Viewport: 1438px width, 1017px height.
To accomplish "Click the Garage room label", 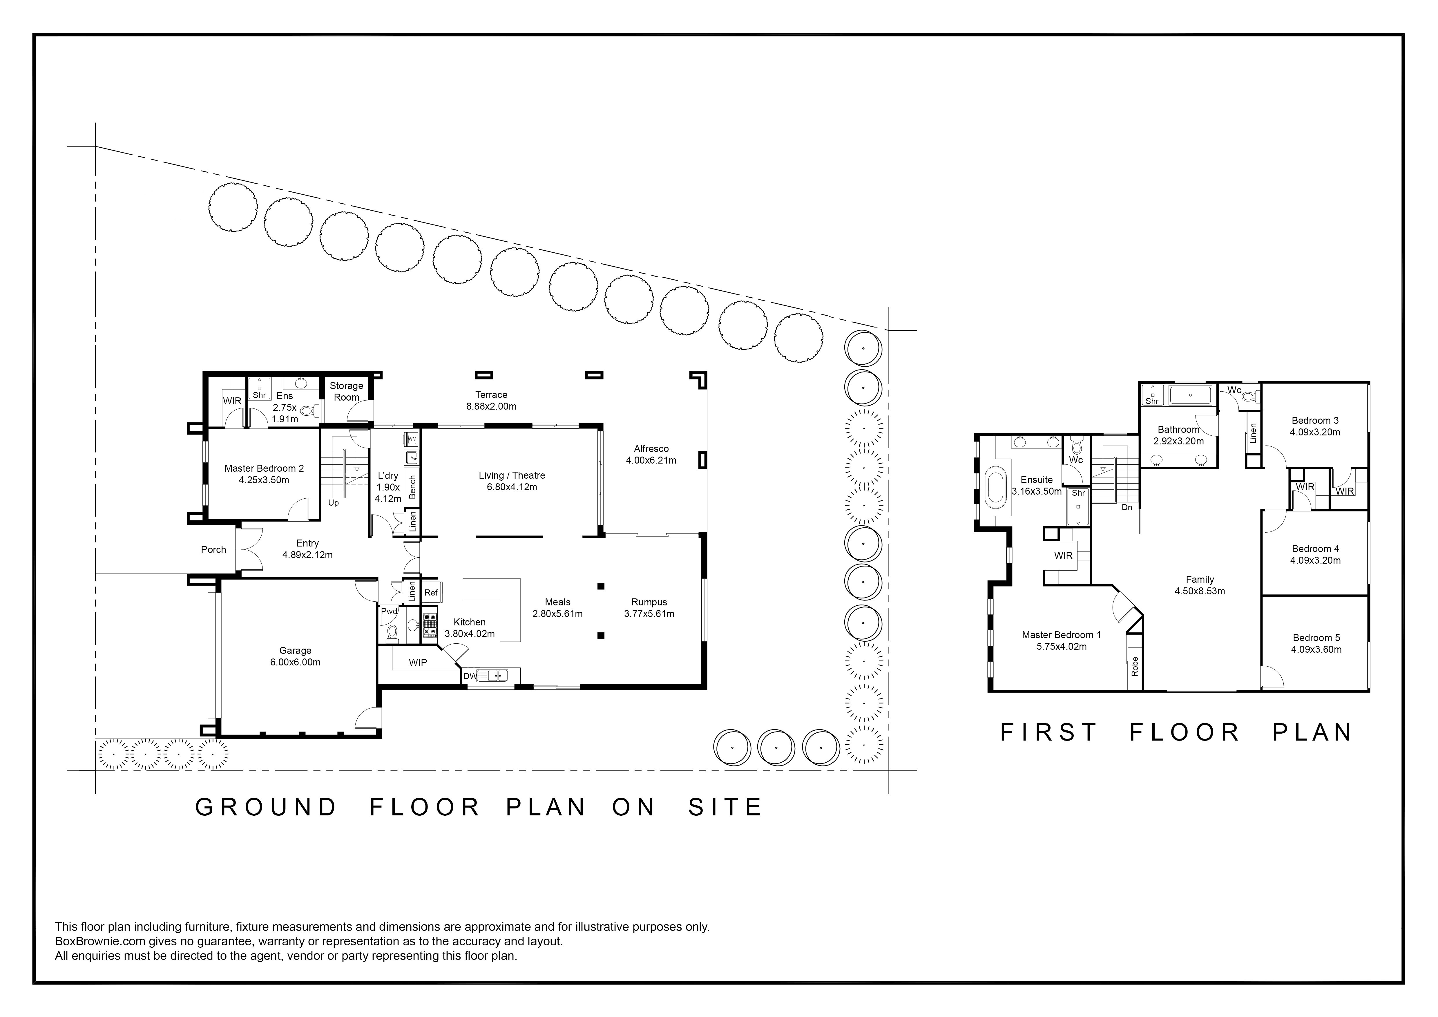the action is [x=295, y=651].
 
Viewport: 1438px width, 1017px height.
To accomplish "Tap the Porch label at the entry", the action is [x=213, y=549].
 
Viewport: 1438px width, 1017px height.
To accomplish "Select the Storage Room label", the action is [x=346, y=391].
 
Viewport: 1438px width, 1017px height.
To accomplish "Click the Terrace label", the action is [x=491, y=395].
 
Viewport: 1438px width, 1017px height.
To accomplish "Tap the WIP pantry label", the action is [x=418, y=663].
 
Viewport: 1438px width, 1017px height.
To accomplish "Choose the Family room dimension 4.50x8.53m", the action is [x=1200, y=591].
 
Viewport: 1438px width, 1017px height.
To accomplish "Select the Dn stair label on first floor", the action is [x=1127, y=507].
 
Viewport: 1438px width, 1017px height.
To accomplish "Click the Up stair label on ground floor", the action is [x=334, y=503].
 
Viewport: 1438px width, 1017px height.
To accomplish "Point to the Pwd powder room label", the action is [x=389, y=611].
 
